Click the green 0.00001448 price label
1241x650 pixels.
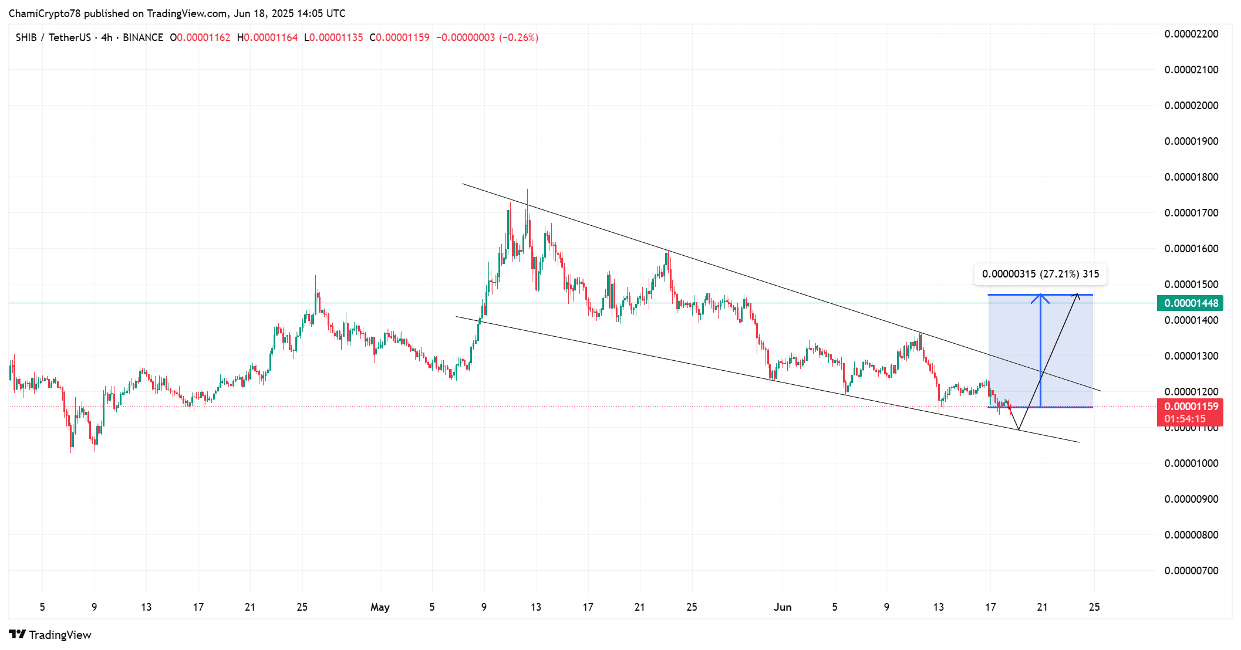coord(1191,303)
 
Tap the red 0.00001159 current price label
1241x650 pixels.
coord(1191,407)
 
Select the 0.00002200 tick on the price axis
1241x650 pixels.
coord(1191,34)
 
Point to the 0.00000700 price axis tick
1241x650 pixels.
coord(1191,571)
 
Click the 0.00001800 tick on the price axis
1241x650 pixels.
coord(1191,177)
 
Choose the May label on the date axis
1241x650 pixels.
coord(380,607)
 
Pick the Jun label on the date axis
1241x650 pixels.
coord(783,607)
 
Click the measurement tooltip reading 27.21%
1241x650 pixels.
coord(1040,274)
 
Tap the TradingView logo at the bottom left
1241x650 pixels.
coord(50,635)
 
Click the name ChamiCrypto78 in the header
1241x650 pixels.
coord(45,13)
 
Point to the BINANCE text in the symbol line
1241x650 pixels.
coord(143,38)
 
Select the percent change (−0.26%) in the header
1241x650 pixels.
coord(518,38)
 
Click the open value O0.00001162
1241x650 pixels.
coord(200,38)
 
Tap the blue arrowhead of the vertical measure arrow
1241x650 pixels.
coord(1041,296)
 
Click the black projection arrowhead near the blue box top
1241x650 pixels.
coord(1077,294)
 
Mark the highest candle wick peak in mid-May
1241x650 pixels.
coord(527,190)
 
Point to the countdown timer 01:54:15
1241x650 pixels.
coord(1185,419)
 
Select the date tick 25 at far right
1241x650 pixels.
coord(1094,607)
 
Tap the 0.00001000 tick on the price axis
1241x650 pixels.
coord(1191,463)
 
